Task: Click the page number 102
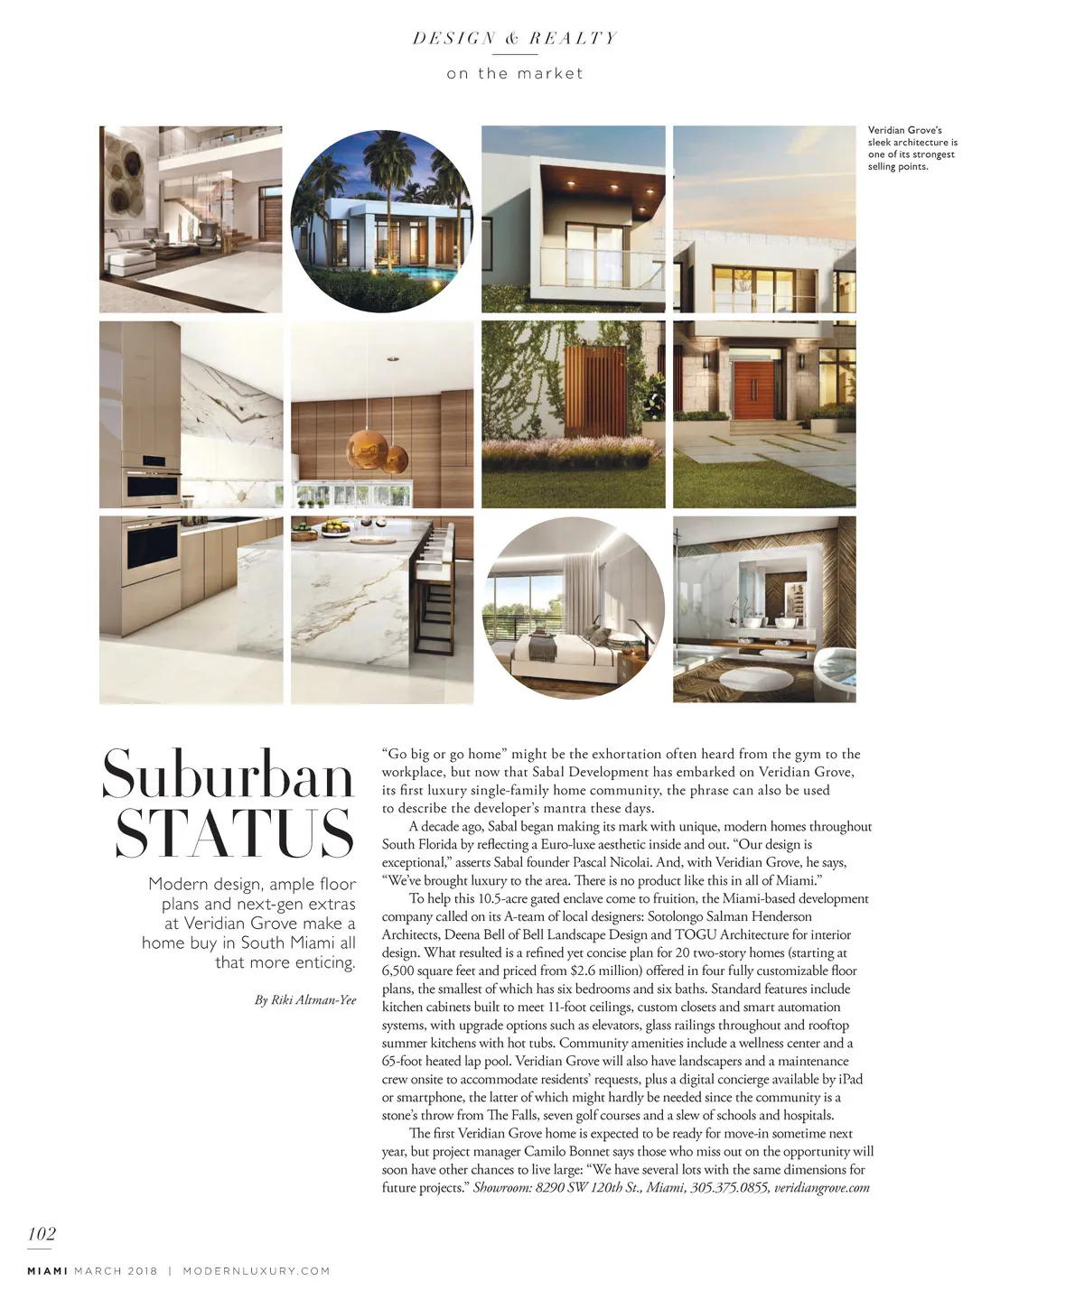42,1233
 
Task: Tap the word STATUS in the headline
234,833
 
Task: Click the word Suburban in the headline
227,775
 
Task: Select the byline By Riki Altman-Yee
305,999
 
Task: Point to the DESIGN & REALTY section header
515,38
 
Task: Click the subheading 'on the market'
515,74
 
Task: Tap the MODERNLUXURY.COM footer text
257,1271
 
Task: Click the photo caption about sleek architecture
912,148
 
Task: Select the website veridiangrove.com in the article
822,1187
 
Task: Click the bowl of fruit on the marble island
335,526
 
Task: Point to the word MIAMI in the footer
47,1271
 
